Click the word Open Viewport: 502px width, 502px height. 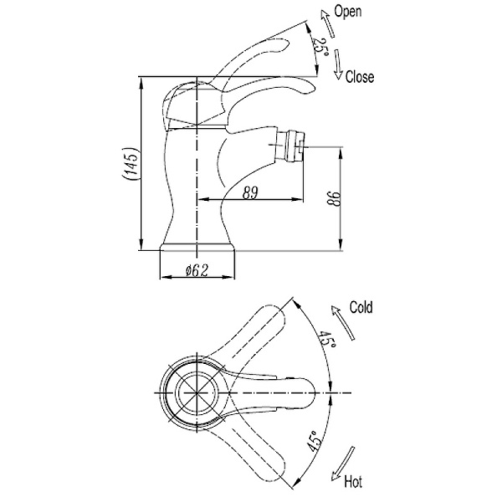coord(347,12)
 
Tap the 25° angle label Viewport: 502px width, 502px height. coord(320,47)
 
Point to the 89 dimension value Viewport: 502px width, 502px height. coord(250,192)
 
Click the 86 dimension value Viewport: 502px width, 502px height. coord(332,199)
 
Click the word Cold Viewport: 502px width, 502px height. coord(361,307)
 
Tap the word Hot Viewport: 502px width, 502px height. coord(354,482)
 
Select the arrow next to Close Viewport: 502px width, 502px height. coord(338,64)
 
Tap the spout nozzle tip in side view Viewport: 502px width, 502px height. coord(292,145)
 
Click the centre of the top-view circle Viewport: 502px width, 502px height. coord(194,392)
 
